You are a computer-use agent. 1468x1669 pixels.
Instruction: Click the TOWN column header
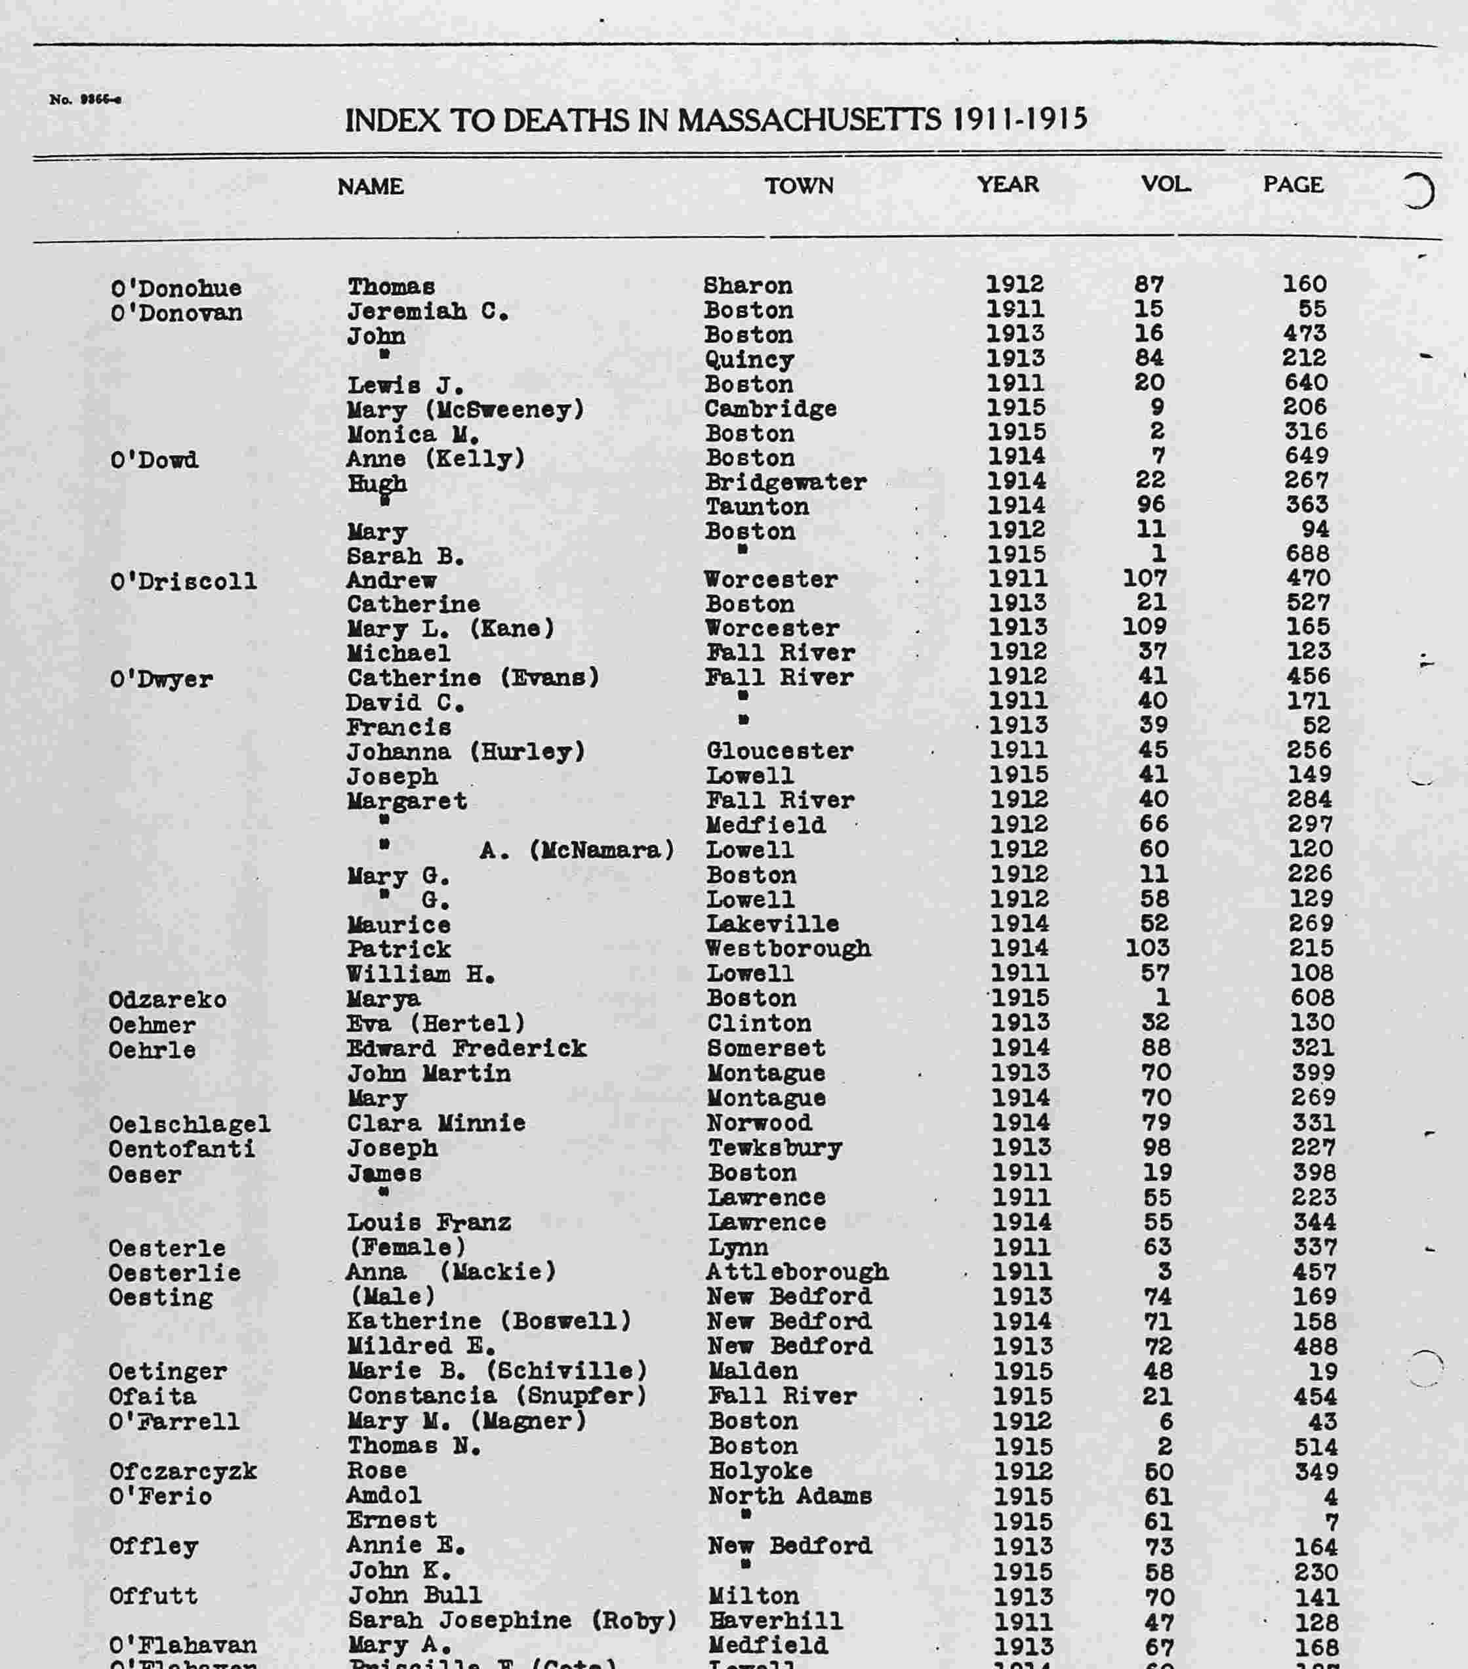pos(798,186)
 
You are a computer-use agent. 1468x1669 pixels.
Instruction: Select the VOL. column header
pos(1165,184)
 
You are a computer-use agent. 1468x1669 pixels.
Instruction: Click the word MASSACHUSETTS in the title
pos(808,121)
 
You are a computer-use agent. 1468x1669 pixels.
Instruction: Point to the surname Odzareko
pos(167,999)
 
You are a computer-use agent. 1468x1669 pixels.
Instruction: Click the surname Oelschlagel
pos(190,1124)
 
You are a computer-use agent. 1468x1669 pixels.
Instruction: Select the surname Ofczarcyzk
pos(182,1472)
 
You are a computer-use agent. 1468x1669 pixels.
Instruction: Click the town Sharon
pos(747,286)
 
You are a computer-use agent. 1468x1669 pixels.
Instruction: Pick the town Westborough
pos(788,949)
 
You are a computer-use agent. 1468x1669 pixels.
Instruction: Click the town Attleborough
pos(797,1272)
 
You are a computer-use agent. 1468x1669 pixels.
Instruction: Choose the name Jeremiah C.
pos(428,312)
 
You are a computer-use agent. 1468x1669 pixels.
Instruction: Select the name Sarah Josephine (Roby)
pos(512,1621)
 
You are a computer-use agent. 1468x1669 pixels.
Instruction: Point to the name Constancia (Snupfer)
pos(497,1396)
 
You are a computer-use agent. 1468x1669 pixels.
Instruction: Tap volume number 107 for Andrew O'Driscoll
pos(1145,578)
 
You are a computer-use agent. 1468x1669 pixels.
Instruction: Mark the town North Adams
pos(790,1496)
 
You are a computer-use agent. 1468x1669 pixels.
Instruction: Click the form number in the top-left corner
pos(85,100)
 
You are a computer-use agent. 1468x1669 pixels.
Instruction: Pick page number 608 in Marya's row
pos(1311,998)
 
